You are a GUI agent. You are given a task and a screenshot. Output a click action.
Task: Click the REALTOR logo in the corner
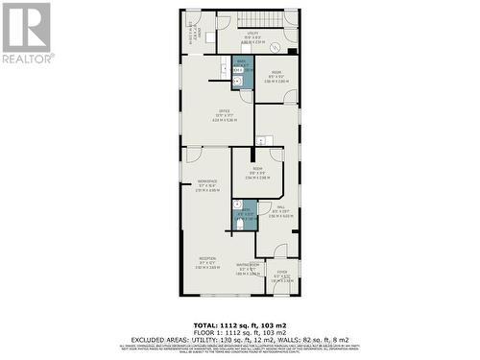point(27,34)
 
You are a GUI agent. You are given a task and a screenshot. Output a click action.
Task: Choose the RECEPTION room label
point(207,260)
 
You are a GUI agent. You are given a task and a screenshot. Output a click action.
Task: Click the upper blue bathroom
point(243,73)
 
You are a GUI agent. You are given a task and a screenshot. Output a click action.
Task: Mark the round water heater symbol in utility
point(275,47)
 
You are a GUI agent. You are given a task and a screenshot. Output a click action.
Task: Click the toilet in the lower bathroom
point(240,225)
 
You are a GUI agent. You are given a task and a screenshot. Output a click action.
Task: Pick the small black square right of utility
point(292,51)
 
